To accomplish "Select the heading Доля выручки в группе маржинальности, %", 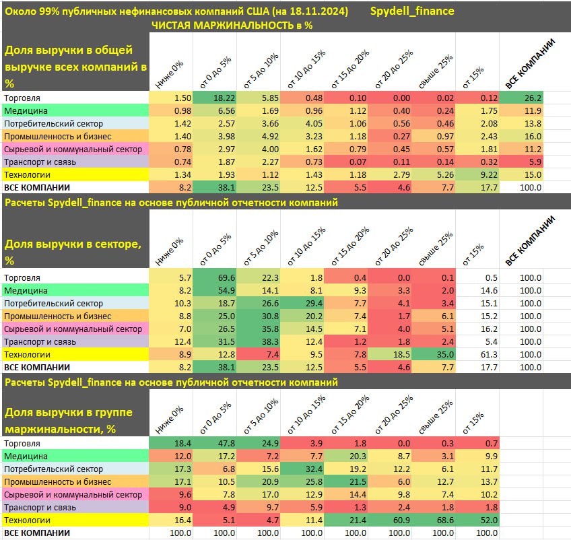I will tap(69, 419).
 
